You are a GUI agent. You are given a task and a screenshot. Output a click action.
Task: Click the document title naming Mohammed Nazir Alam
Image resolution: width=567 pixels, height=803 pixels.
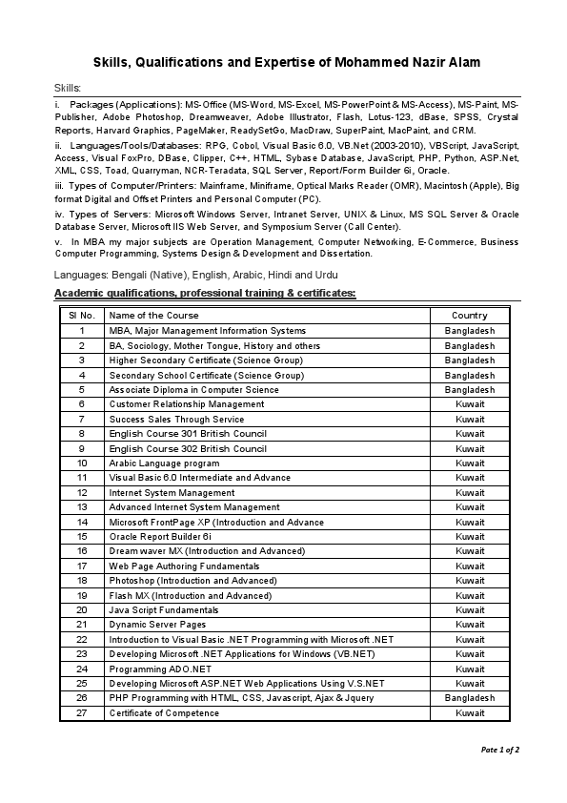(x=286, y=62)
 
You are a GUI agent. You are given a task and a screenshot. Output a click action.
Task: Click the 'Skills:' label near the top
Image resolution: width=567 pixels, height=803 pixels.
(x=69, y=88)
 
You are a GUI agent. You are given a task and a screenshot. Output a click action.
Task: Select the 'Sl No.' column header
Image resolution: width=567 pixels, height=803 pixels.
(x=81, y=316)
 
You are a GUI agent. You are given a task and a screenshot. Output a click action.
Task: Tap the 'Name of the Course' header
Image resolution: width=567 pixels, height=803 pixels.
(x=153, y=316)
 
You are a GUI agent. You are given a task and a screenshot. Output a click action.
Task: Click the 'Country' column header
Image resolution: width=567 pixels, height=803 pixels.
(x=470, y=316)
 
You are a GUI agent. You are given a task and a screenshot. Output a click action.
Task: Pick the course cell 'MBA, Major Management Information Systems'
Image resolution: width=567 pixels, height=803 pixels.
(x=207, y=331)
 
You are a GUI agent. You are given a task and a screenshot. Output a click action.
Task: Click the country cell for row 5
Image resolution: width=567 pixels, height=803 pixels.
(x=470, y=390)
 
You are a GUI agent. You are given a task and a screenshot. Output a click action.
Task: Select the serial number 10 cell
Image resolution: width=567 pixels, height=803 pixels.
(x=81, y=463)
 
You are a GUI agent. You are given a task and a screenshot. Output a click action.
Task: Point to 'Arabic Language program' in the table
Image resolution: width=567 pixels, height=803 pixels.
(x=164, y=463)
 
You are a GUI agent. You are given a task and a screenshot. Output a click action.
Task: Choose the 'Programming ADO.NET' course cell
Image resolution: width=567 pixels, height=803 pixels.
(x=153, y=669)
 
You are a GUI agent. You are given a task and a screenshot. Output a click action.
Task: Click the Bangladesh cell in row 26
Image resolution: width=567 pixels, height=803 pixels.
(x=470, y=698)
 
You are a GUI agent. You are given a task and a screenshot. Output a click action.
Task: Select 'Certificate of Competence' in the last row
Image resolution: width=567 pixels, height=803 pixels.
(x=164, y=713)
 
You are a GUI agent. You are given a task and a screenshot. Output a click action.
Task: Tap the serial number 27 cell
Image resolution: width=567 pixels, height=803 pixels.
(x=81, y=713)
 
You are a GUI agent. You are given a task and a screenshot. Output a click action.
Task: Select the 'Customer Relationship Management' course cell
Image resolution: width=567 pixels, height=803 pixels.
(x=187, y=404)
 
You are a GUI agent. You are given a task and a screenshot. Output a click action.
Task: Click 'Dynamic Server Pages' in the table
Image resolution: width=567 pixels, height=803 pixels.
(x=157, y=625)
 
